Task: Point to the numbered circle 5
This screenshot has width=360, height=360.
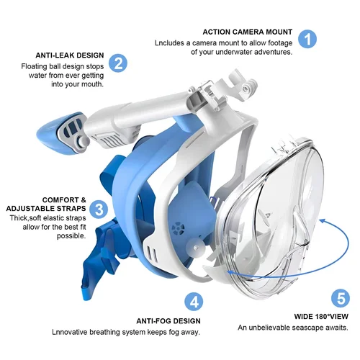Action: click(341, 298)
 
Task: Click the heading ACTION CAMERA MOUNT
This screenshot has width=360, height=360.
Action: click(247, 32)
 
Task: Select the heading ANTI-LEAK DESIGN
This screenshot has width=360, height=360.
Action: click(69, 55)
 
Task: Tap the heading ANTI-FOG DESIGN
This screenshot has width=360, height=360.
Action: click(168, 320)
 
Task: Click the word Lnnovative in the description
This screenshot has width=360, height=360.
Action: click(70, 332)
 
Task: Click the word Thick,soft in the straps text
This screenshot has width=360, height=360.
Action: click(27, 218)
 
